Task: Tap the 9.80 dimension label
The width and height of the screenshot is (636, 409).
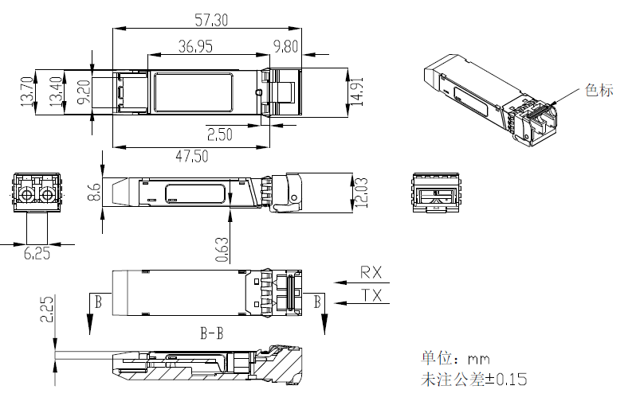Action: (x=285, y=47)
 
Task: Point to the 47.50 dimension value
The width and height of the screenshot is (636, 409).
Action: (x=192, y=157)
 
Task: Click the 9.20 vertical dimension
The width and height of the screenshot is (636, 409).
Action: (x=83, y=92)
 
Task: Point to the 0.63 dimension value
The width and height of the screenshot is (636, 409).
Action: (x=223, y=249)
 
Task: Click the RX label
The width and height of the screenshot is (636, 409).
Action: (x=371, y=272)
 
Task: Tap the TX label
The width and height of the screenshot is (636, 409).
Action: (x=371, y=295)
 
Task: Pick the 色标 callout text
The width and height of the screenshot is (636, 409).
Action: (x=599, y=90)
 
